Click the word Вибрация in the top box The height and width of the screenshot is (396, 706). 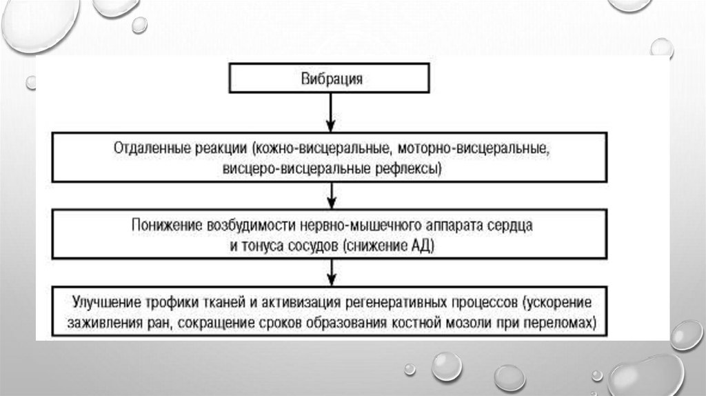pos(331,79)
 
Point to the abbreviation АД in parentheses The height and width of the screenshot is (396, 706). pos(423,245)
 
